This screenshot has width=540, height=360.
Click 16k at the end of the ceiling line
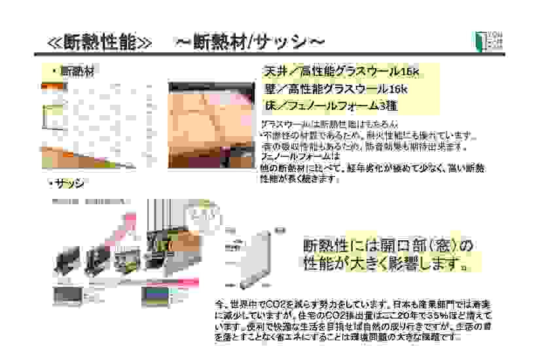coord(408,71)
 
